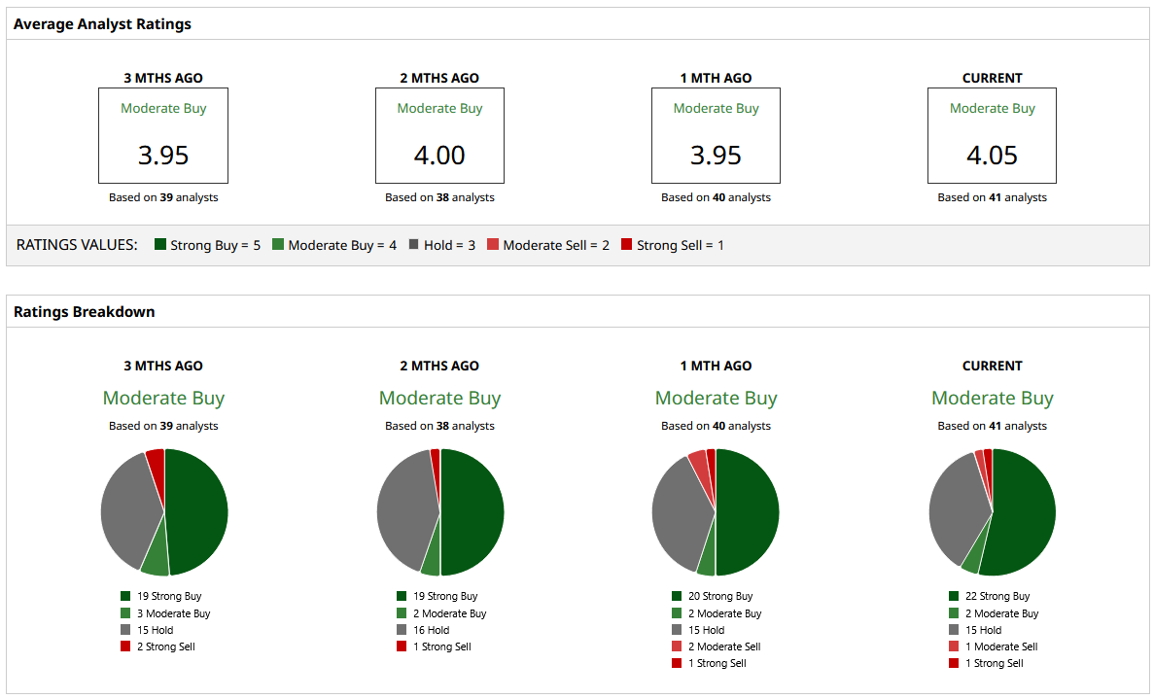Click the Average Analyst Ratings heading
(x=102, y=24)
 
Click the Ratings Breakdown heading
(x=85, y=312)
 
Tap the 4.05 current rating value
(x=992, y=155)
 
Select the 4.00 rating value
(x=439, y=155)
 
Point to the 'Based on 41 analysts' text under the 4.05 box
(x=992, y=197)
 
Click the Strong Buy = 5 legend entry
(x=207, y=245)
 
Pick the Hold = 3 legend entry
(x=441, y=245)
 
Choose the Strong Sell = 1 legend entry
(x=672, y=245)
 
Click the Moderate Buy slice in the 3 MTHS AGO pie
(x=156, y=560)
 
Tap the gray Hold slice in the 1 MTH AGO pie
(x=681, y=515)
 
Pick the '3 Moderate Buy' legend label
(x=173, y=613)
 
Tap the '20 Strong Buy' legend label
(x=719, y=596)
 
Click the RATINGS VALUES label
(x=77, y=245)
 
